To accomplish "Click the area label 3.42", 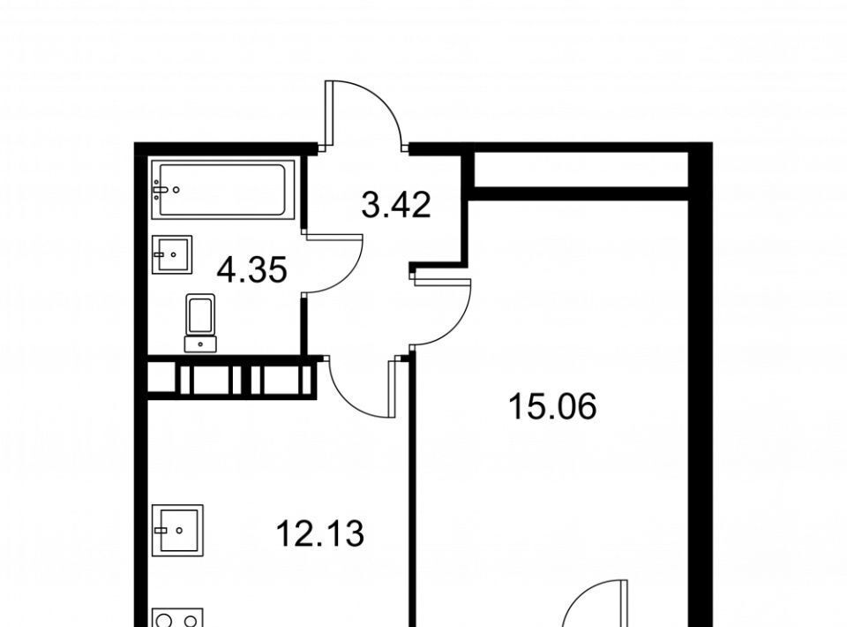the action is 396,206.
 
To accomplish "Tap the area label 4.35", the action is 251,270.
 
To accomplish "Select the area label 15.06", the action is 552,406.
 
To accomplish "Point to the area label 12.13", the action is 320,533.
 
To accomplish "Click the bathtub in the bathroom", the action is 223,190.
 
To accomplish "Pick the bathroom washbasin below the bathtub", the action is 172,254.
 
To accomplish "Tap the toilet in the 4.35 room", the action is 200,322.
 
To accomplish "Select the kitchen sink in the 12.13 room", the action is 177,530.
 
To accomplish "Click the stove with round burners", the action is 177,617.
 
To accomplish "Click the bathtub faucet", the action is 161,190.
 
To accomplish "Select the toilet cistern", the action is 200,344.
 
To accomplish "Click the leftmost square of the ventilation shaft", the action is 161,377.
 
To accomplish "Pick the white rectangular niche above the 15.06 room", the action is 581,170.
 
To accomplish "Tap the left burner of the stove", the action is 165,619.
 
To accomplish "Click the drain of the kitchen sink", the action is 180,530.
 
